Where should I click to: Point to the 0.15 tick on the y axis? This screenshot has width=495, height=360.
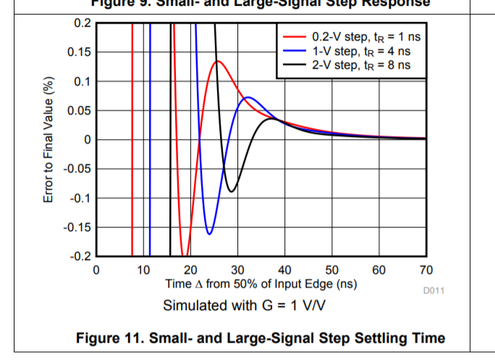(x=78, y=52)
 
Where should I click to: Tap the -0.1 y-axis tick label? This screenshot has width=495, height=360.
(x=78, y=198)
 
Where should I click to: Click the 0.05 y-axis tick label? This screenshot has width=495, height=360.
(x=78, y=111)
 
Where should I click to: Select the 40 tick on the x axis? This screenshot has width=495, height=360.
(x=284, y=270)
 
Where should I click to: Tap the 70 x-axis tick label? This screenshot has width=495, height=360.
(x=426, y=270)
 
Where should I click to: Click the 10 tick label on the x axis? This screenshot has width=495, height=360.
(x=143, y=270)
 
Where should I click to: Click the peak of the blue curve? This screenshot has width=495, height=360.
(x=247, y=97)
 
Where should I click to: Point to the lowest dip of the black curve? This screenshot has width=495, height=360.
(x=232, y=192)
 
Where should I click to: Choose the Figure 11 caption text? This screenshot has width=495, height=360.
(x=261, y=338)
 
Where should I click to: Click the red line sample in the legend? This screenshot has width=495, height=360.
(x=294, y=36)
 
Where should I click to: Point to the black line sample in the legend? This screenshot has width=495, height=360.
(x=294, y=65)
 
